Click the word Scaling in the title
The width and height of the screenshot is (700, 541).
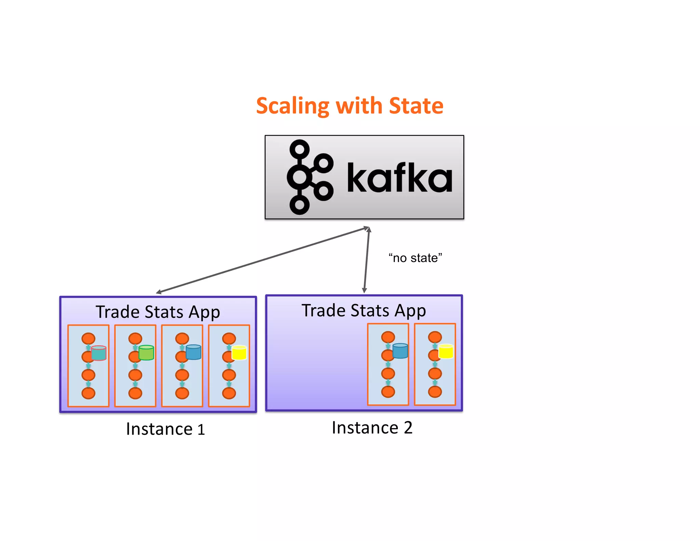click(x=292, y=106)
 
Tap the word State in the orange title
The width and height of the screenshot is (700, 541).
click(x=416, y=106)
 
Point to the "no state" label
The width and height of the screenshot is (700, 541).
click(x=415, y=258)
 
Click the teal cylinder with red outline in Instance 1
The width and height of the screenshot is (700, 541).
click(x=99, y=353)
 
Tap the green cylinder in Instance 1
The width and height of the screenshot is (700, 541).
click(x=146, y=353)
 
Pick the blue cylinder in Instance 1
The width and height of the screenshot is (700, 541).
click(x=193, y=352)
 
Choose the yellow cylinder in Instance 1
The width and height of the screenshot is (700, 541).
click(x=239, y=353)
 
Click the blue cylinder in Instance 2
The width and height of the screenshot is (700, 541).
click(x=400, y=351)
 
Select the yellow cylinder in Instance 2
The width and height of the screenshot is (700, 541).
click(x=446, y=351)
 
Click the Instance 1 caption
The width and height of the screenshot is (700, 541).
click(x=165, y=429)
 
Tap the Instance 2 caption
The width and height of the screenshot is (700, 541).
click(x=372, y=428)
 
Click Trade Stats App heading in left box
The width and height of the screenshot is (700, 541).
click(x=158, y=312)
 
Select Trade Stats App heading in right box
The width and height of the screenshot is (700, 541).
click(x=364, y=311)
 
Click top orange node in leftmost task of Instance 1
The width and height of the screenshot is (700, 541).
click(x=88, y=339)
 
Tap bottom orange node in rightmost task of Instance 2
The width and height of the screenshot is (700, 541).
click(x=435, y=392)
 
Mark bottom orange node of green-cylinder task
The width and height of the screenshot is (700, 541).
click(x=135, y=393)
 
